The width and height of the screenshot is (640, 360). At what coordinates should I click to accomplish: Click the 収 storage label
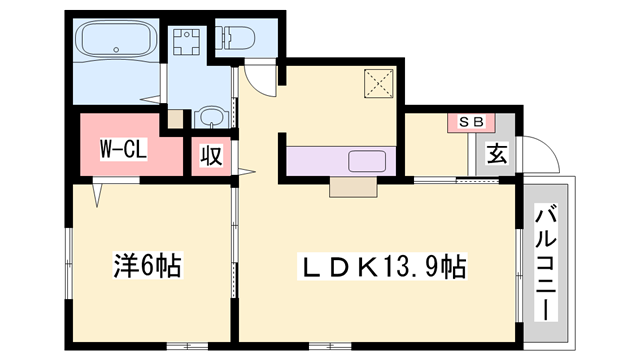click(x=211, y=155)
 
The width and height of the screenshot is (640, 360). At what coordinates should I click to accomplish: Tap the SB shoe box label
click(x=470, y=121)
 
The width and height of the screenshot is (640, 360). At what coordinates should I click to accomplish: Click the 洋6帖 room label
click(x=146, y=267)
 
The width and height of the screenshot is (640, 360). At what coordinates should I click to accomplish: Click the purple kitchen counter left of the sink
click(x=315, y=160)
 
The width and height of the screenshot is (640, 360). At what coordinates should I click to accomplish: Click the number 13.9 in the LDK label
click(x=410, y=267)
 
